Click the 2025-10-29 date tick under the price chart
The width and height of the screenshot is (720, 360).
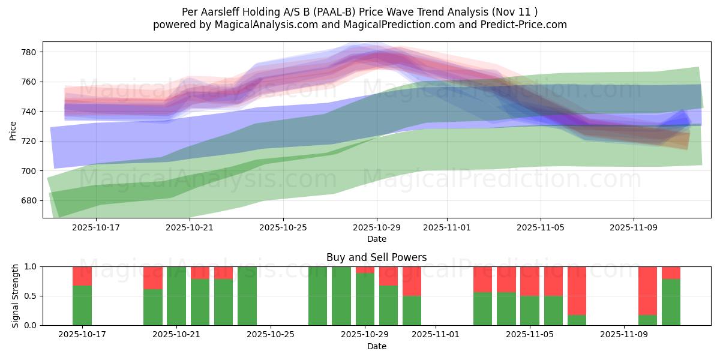coord(377,228)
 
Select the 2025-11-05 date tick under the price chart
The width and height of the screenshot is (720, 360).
coord(541,228)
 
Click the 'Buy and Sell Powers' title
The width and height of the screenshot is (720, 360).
coord(376,257)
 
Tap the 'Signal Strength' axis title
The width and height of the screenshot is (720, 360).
coord(15,296)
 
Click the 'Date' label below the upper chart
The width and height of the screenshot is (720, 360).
coord(376,239)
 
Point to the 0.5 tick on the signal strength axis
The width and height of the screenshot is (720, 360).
coord(30,296)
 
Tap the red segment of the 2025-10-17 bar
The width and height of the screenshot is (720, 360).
coord(82,276)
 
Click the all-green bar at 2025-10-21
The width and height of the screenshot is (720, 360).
coord(176,296)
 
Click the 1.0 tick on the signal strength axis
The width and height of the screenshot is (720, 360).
coord(30,266)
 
